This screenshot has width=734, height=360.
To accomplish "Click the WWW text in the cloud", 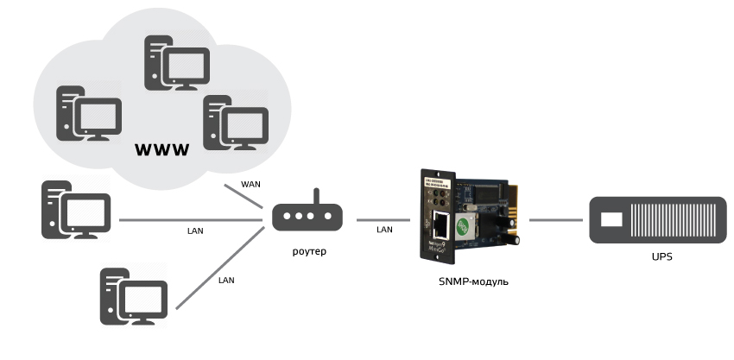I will tap(162, 150).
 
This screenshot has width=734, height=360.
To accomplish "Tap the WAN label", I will tap(250, 184).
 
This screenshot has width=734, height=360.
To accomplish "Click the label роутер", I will tap(307, 250).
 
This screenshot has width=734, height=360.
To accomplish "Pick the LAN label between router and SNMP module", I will tap(384, 230).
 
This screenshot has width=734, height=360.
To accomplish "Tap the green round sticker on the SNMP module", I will tap(463, 225).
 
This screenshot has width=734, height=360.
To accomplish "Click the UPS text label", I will tap(661, 257).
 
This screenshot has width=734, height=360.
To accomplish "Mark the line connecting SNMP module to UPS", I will tap(553, 219).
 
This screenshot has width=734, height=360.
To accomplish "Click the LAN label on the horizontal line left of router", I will tap(195, 231).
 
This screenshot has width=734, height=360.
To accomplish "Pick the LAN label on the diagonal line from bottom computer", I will tap(227, 280).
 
